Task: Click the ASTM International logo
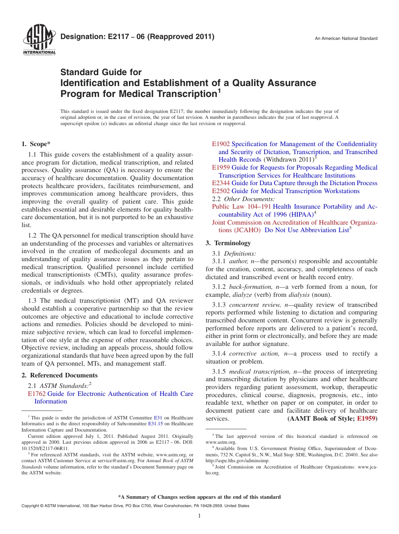tap(39, 40)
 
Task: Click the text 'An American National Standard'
tap(346, 39)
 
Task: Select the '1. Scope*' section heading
tap(36, 144)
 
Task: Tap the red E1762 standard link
tap(37, 394)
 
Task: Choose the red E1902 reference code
tap(221, 144)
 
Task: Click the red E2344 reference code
tap(221, 183)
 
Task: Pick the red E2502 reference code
tap(221, 191)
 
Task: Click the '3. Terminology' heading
tap(228, 243)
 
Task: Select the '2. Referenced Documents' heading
tap(60, 375)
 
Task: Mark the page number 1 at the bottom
tap(199, 516)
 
